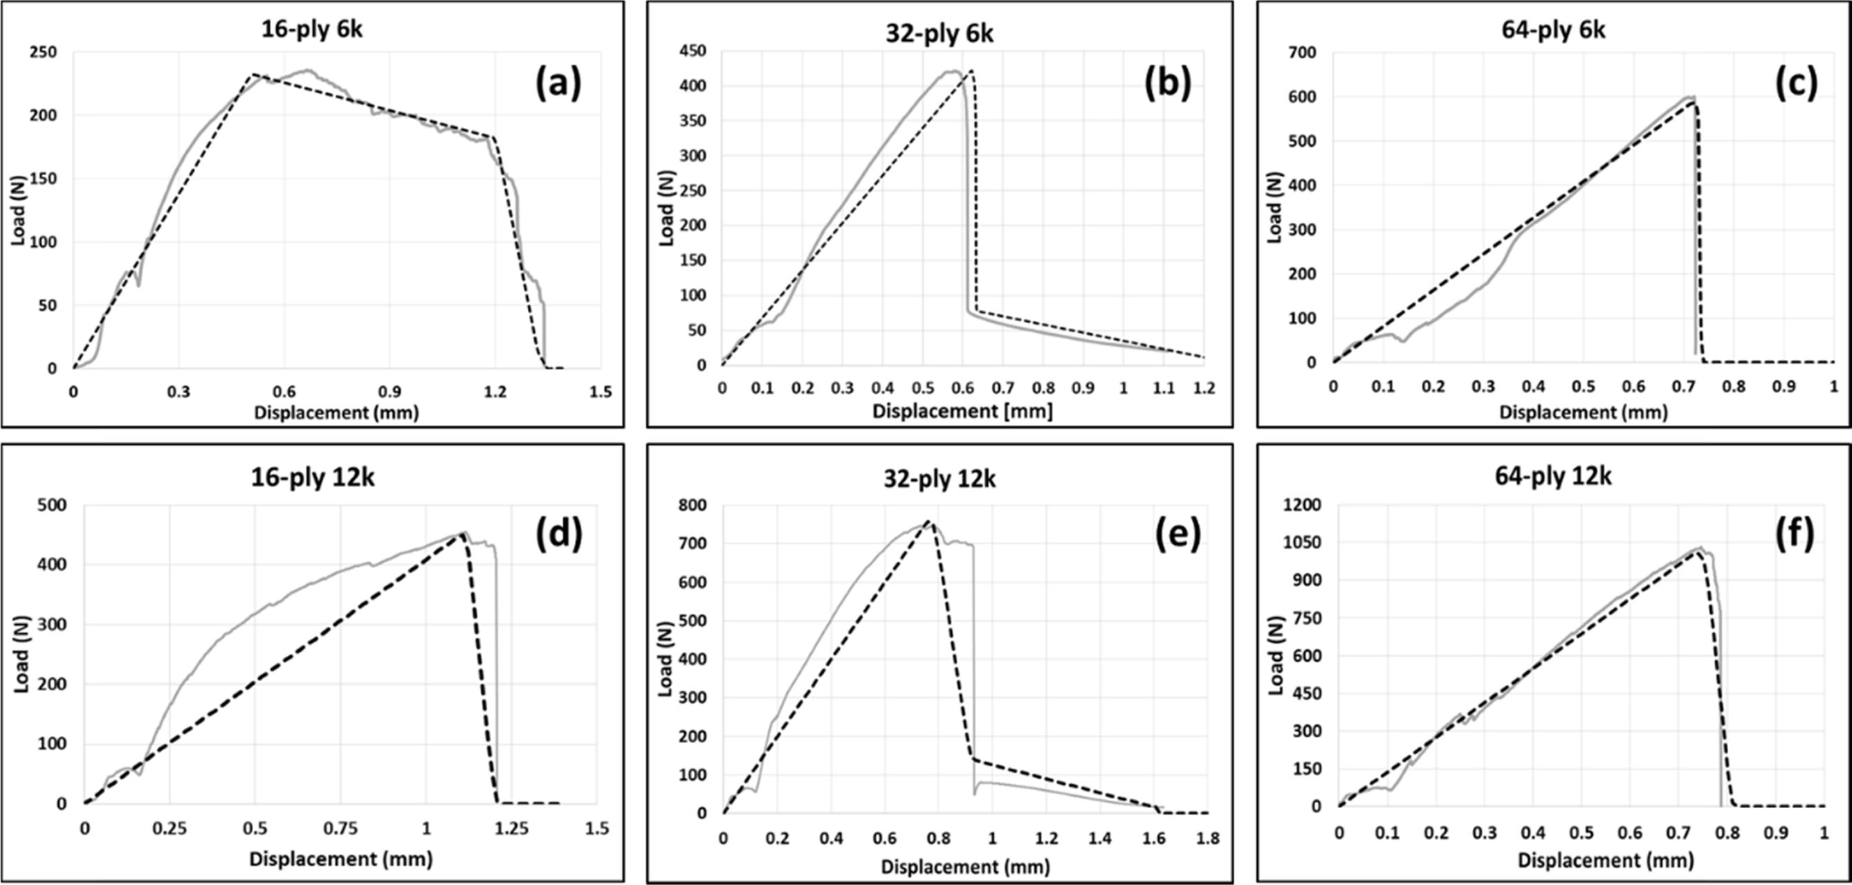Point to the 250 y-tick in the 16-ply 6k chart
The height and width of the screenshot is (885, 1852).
tap(44, 53)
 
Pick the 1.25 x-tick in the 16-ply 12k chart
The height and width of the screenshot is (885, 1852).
tap(511, 829)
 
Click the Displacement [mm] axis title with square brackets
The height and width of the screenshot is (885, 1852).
tap(962, 411)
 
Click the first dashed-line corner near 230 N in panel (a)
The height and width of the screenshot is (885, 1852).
tap(252, 75)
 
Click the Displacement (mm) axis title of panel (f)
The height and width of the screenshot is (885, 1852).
tap(1580, 861)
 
